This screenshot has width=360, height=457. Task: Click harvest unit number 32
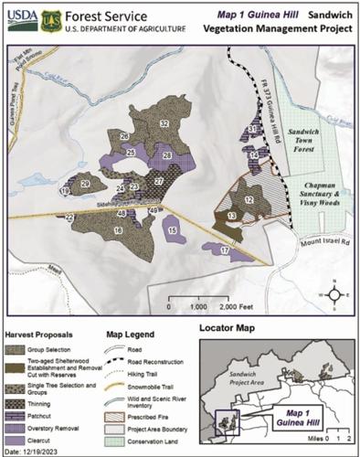point(164,122)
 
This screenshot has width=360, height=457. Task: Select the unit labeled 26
point(123,136)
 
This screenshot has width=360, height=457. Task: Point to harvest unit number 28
point(167,156)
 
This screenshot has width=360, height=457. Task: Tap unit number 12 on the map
point(249,199)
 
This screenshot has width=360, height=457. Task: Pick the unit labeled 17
point(225,250)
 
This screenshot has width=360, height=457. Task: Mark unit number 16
point(118,231)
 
